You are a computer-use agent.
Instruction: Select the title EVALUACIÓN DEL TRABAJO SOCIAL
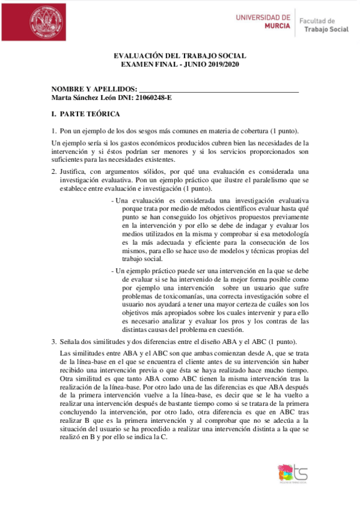point(180,56)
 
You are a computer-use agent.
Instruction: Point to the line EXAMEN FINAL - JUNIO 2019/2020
point(180,64)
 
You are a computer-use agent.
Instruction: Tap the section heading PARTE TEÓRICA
point(90,114)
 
